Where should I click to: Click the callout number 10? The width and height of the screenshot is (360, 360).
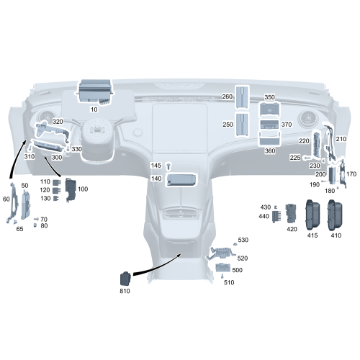tap(94, 110)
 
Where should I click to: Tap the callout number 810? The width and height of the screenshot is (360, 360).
tap(125, 291)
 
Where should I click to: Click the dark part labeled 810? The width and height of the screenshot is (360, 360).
tap(125, 277)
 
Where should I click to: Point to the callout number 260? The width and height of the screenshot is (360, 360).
tap(228, 96)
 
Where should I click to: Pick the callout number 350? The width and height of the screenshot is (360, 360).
tap(269, 96)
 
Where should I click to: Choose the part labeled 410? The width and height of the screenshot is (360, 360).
tap(336, 214)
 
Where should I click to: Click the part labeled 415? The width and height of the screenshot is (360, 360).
tap(312, 214)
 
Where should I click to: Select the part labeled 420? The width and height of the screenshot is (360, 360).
tap(292, 214)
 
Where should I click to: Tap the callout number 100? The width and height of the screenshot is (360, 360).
tap(83, 189)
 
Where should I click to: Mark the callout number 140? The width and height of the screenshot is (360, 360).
tap(156, 179)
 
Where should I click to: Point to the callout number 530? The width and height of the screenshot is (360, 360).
tap(243, 240)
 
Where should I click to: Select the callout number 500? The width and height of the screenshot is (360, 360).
tap(238, 270)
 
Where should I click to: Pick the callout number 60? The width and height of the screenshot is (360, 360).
tap(6, 198)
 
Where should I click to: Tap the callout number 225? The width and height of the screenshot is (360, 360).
tap(295, 158)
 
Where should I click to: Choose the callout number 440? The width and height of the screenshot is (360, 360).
tap(264, 216)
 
